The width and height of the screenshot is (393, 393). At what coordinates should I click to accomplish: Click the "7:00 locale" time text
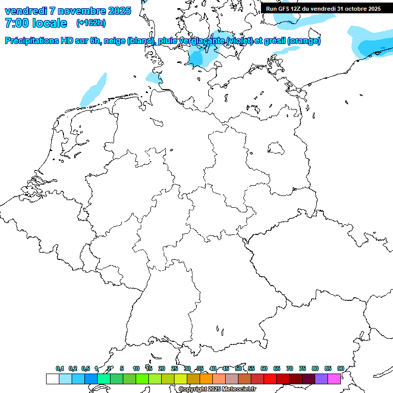pyautogui.click(x=35, y=23)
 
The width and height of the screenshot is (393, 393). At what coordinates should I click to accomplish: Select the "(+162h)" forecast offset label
pyautogui.click(x=91, y=23)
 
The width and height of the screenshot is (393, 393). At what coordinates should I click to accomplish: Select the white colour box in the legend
pyautogui.click(x=52, y=379)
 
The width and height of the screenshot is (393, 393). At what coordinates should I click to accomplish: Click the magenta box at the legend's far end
pyautogui.click(x=334, y=379)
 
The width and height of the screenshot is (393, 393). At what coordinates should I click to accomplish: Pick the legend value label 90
pyautogui.click(x=340, y=368)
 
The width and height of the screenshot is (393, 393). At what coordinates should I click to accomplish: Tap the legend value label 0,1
pyautogui.click(x=60, y=368)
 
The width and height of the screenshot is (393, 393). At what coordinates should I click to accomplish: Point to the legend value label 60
pyautogui.click(x=264, y=368)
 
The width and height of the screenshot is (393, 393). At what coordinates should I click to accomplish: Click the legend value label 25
pyautogui.click(x=174, y=368)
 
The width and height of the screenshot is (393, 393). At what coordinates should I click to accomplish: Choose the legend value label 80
pyautogui.click(x=315, y=368)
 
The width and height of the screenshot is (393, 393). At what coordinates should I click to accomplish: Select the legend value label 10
pyautogui.click(x=136, y=368)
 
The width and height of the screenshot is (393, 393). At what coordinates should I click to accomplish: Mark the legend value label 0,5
pyautogui.click(x=85, y=368)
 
